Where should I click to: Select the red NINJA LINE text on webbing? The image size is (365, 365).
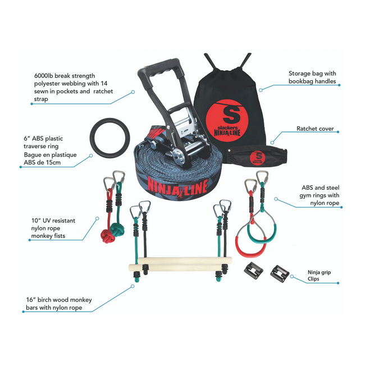click(x=174, y=186)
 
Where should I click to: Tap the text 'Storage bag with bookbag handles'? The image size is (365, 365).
click(x=312, y=77)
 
